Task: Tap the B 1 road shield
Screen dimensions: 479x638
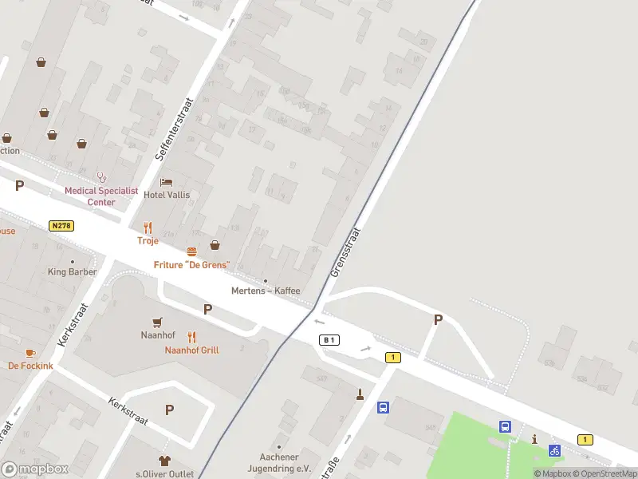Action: pyautogui.click(x=329, y=340)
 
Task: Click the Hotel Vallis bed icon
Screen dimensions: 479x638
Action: pyautogui.click(x=166, y=182)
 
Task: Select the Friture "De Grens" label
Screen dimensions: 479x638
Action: pyautogui.click(x=191, y=264)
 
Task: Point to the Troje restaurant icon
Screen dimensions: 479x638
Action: pyautogui.click(x=148, y=228)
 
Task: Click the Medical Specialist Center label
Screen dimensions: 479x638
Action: pyautogui.click(x=101, y=196)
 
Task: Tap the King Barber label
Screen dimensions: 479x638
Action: pyautogui.click(x=72, y=271)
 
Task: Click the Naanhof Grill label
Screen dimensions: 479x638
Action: pyautogui.click(x=191, y=350)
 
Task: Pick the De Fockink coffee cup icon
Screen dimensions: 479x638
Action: pyautogui.click(x=30, y=352)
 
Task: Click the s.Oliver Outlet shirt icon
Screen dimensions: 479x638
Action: pyautogui.click(x=164, y=460)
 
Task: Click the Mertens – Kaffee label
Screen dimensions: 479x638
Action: pyautogui.click(x=266, y=291)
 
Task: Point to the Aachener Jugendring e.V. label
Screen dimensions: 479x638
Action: pyautogui.click(x=279, y=464)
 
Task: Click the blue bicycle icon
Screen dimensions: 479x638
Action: pyautogui.click(x=554, y=450)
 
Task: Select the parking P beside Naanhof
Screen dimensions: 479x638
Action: pyautogui.click(x=207, y=310)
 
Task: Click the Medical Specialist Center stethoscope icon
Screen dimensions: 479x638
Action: pyautogui.click(x=101, y=177)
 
